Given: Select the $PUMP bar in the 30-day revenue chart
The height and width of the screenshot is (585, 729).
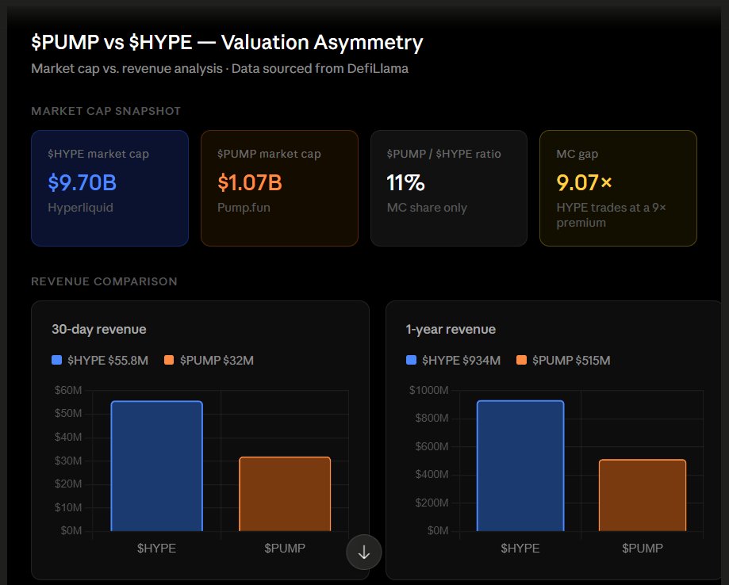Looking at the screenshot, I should [x=286, y=494].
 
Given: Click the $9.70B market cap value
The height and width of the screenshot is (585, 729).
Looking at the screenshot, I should [x=82, y=183].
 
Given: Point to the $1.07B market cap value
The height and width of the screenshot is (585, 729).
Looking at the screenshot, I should [x=250, y=183].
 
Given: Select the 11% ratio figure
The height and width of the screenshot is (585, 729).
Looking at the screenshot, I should [x=405, y=183].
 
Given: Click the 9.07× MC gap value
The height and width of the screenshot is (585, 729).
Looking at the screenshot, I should [x=585, y=183].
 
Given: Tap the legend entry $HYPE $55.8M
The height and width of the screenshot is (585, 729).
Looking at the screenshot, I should [x=100, y=361].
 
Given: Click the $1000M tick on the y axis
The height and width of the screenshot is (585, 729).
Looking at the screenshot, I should [x=428, y=390].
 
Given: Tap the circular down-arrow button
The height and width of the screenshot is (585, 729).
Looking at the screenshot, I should [x=364, y=552].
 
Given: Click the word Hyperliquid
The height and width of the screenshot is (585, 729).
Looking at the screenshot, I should [x=80, y=208].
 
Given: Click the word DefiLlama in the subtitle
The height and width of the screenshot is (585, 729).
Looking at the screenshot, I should [x=378, y=69].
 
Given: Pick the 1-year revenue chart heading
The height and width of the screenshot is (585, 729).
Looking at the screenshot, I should [x=450, y=329].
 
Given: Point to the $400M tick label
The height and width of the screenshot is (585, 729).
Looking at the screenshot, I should [x=432, y=474].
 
